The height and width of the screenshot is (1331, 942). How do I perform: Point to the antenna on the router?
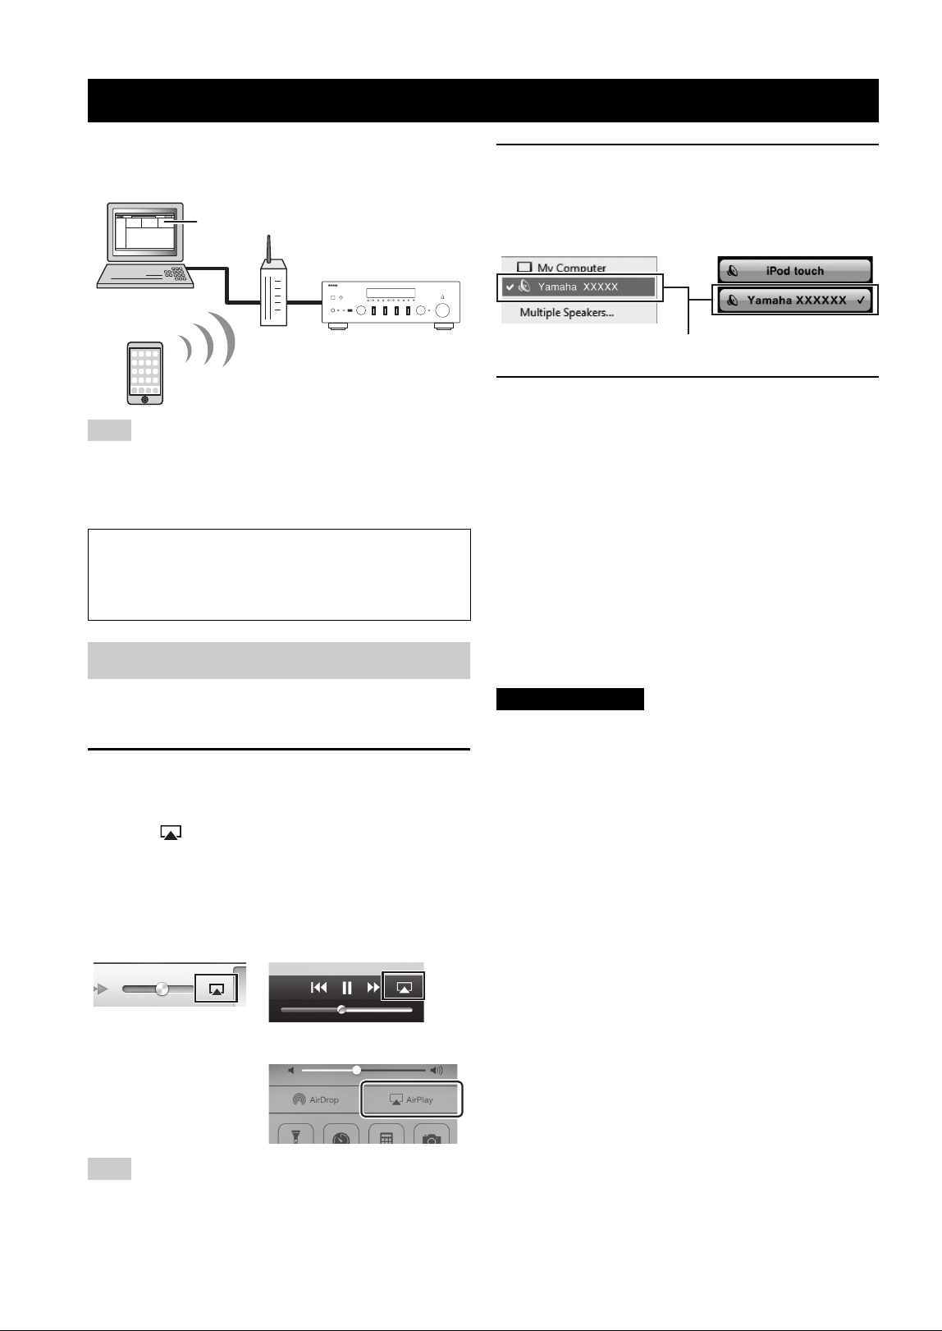click(x=268, y=249)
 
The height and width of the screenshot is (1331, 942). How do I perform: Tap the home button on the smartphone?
click(x=145, y=399)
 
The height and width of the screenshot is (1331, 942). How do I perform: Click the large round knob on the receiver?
click(x=442, y=310)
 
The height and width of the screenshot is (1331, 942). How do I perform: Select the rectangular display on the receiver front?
click(x=391, y=293)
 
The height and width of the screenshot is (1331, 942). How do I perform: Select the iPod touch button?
click(x=794, y=271)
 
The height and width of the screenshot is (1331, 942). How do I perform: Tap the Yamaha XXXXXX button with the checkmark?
click(x=794, y=300)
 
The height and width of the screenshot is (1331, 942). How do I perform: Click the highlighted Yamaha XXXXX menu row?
click(x=579, y=287)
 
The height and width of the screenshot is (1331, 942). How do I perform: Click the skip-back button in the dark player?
click(x=319, y=988)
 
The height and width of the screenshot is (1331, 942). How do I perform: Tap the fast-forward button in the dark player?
click(x=373, y=988)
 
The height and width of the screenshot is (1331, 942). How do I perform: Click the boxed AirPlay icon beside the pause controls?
click(x=403, y=987)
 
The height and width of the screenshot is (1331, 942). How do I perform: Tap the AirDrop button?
click(x=315, y=1099)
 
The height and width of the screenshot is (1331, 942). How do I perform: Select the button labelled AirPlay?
click(x=411, y=1099)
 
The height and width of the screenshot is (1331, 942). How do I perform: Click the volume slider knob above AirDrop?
click(x=356, y=1070)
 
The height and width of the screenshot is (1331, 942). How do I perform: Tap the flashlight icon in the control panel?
click(x=295, y=1136)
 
